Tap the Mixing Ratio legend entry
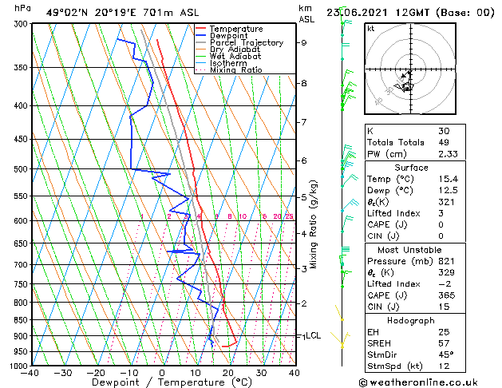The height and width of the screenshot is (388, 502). pos(236,70)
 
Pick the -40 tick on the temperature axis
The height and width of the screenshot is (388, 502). pos(30,373)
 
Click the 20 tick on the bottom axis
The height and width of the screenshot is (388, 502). pos(227,373)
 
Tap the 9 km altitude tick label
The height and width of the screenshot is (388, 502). pos(304,43)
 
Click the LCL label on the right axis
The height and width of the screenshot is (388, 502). pos(314,336)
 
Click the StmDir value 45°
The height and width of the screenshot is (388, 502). pos(445,354)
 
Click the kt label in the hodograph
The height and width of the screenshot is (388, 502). pos(371,28)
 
